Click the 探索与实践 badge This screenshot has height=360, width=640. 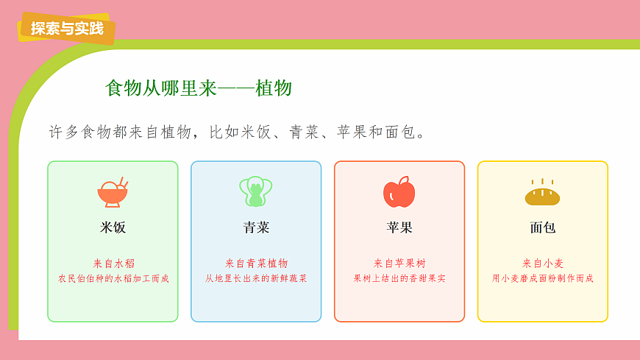pos(66,29)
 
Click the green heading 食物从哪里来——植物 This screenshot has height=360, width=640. pos(199,89)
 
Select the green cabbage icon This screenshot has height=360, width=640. pos(256,191)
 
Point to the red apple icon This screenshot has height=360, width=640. pos(399,192)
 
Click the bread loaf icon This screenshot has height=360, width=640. pos(543,194)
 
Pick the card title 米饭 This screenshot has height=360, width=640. pos(113,227)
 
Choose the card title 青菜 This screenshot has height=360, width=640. pos(256,227)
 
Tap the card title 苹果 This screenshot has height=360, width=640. pos(399,227)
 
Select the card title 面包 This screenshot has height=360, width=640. pos(543,227)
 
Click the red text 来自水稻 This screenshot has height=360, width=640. pos(113,263)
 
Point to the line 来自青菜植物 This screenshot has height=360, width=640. pos(256,263)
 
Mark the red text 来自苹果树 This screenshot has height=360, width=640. pos(399,263)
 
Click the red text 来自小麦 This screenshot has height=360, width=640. pos(543,263)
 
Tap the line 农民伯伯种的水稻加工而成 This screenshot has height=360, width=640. pos(113,279)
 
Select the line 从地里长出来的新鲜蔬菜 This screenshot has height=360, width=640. pos(256,279)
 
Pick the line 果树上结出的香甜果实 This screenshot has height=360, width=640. pos(399,279)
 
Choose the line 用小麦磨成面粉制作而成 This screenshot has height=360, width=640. pos(543,279)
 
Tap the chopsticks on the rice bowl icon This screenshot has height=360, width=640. pos(124,182)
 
